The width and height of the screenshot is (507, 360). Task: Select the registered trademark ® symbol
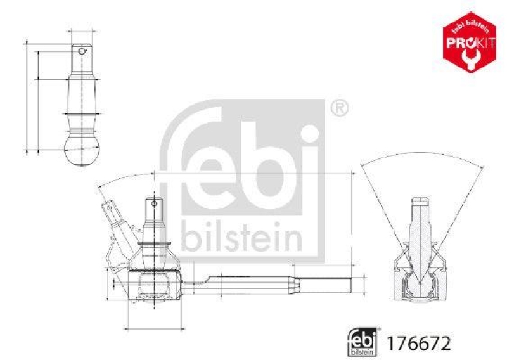[x=339, y=108]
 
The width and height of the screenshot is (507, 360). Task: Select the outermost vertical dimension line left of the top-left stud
[x=27, y=95]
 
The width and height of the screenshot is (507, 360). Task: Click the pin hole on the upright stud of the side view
[x=153, y=204]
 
